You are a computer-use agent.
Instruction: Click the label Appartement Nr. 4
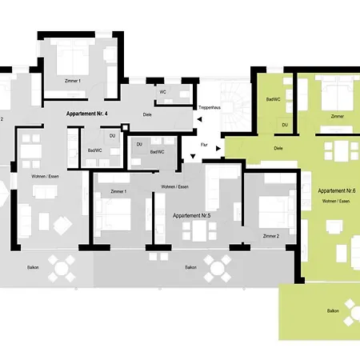87,114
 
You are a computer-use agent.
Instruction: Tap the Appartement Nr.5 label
192,215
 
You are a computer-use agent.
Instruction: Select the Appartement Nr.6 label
337,191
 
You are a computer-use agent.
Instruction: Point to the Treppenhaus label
210,108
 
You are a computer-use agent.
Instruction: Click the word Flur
204,145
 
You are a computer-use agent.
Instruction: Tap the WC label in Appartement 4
162,92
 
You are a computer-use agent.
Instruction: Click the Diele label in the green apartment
278,148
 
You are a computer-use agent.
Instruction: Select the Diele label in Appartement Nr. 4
147,114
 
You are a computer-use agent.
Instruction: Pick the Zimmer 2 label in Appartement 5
271,236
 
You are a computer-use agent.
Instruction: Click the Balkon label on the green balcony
333,311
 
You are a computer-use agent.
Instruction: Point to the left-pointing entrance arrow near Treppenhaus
199,119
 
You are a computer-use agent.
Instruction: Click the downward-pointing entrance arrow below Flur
193,156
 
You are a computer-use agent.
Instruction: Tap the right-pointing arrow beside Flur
218,149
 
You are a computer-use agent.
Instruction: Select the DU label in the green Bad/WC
285,125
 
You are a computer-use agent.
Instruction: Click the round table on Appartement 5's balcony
218,269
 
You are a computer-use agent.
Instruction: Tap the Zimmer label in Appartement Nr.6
338,116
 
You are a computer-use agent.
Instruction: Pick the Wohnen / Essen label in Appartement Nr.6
336,201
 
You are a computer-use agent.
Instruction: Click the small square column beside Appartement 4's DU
125,127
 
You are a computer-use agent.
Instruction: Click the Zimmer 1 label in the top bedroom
73,81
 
